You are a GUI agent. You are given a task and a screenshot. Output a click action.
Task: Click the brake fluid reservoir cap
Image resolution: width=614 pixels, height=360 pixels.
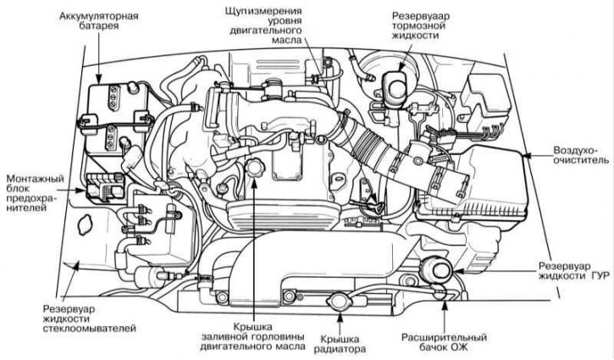395,84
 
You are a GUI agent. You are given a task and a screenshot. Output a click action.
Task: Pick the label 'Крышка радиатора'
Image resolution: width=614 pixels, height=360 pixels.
342,342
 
